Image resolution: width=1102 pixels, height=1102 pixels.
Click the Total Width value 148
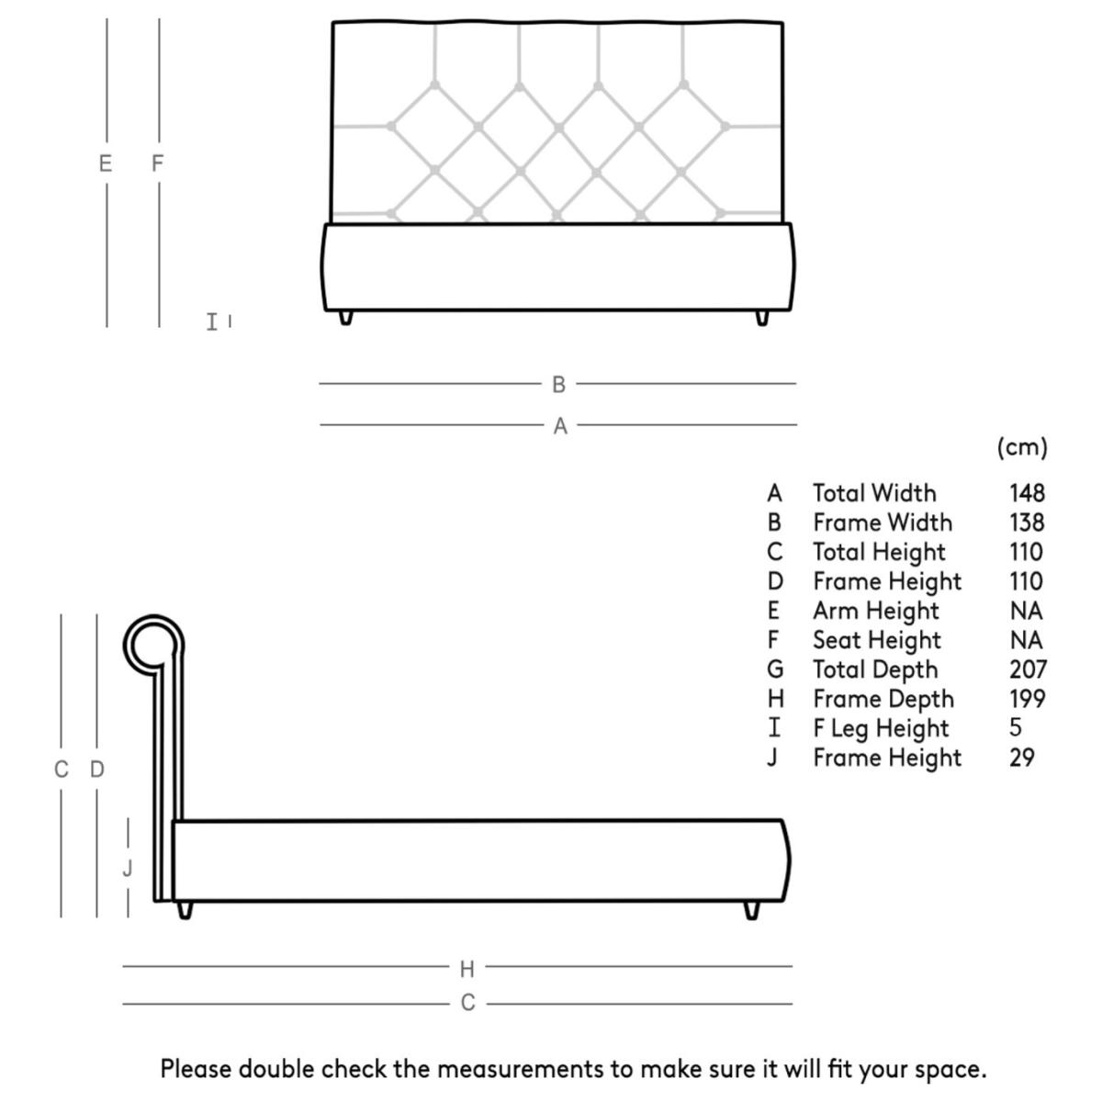coord(1027,493)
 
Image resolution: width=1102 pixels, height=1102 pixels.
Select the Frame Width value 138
coord(1027,523)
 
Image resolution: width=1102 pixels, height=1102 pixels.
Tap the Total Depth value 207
coord(1028,669)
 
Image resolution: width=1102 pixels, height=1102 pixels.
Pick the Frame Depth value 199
coord(1028,699)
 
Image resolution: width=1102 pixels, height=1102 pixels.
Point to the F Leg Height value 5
coord(1015,727)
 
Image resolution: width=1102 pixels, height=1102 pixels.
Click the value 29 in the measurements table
coord(1021,758)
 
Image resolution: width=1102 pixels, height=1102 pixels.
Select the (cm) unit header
coord(1021,447)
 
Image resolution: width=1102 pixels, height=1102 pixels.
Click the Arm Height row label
coord(875,611)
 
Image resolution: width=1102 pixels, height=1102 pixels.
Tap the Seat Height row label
coord(877,640)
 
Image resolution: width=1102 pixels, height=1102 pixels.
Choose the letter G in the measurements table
coord(775,669)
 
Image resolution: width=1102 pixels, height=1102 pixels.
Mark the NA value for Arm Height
coord(1026,611)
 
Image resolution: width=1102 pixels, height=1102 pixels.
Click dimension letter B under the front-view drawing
coord(558,385)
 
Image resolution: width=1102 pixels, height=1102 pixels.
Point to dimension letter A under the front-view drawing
coord(560,426)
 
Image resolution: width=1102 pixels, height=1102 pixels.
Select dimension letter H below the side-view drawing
coord(467,968)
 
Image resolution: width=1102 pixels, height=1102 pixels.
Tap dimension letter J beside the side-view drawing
coord(128,867)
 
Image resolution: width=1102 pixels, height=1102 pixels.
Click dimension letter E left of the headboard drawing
coord(106,163)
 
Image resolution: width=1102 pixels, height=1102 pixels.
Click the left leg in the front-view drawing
coord(345,317)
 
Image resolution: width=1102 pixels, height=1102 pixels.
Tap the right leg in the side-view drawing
coord(752,910)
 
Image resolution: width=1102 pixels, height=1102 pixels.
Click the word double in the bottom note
coord(275,1069)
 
